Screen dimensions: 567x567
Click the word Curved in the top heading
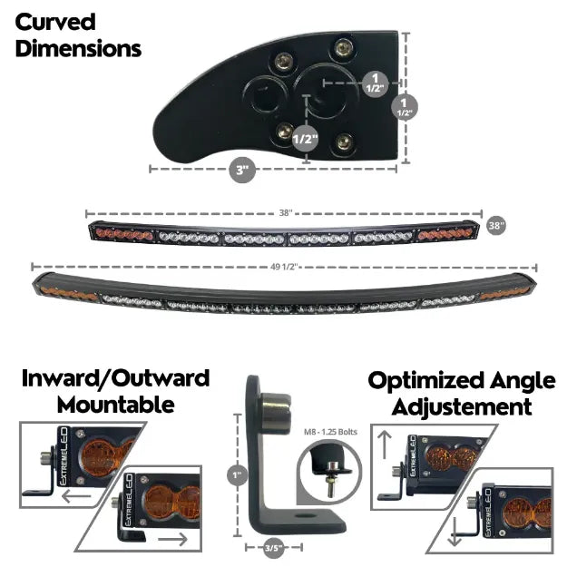[x=55, y=21]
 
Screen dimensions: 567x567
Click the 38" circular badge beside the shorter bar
[x=496, y=224]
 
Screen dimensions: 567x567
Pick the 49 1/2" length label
[x=284, y=267]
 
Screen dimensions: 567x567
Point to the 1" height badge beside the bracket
[x=236, y=473]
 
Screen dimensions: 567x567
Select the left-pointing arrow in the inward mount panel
[x=72, y=499]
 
